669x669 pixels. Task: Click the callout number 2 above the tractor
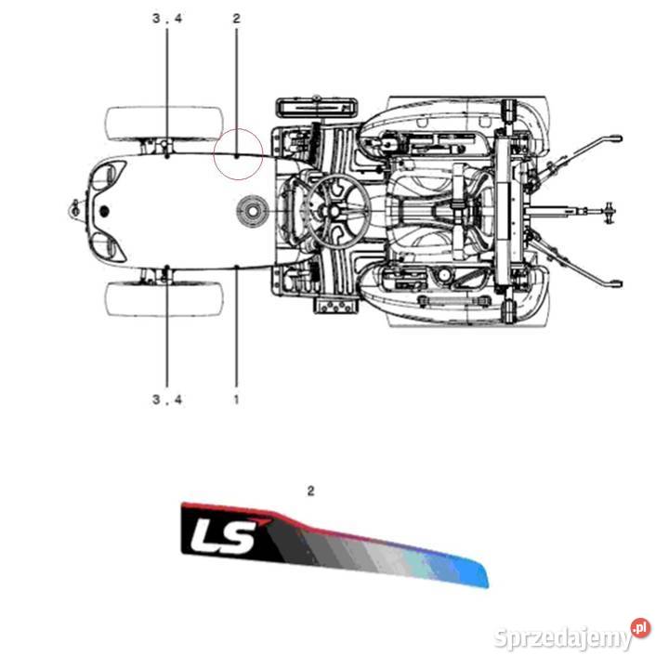pyautogui.click(x=236, y=19)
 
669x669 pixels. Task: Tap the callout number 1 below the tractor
pyautogui.click(x=236, y=400)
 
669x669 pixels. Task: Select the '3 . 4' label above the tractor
pyautogui.click(x=167, y=19)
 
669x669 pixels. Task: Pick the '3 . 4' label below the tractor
pyautogui.click(x=167, y=400)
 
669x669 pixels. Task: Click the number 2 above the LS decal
pyautogui.click(x=310, y=492)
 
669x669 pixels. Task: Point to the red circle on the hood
pyautogui.click(x=238, y=129)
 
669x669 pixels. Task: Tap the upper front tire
pyautogui.click(x=164, y=124)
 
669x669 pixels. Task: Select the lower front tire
pyautogui.click(x=164, y=298)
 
